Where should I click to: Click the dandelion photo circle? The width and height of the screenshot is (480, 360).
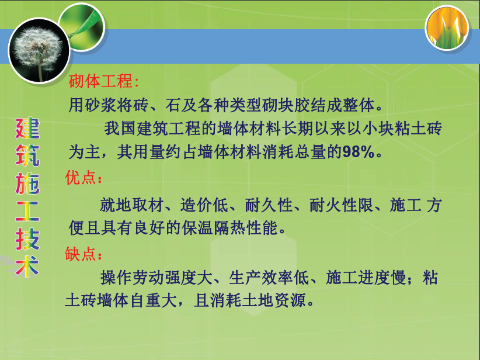click(x=39, y=51)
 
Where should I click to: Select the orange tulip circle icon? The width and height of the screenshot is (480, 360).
click(x=447, y=28)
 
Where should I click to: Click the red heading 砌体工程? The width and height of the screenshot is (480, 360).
click(x=100, y=81)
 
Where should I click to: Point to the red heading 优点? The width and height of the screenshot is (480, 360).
click(x=81, y=177)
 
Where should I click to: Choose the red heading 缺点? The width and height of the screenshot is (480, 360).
click(x=81, y=254)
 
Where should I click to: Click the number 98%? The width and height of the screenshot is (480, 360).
click(x=358, y=152)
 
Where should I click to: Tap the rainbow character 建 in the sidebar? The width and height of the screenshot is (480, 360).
click(x=27, y=129)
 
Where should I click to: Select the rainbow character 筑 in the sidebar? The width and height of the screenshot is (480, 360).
click(x=27, y=155)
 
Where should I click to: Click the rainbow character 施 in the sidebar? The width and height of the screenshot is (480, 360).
click(x=27, y=184)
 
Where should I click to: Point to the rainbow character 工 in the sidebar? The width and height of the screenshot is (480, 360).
click(x=27, y=211)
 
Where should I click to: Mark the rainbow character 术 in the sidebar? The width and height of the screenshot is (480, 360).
click(x=27, y=266)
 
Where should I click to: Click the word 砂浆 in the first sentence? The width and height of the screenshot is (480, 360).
click(x=100, y=105)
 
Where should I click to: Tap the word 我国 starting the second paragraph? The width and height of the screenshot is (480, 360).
click(x=120, y=128)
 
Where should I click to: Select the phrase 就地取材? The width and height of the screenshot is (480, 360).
click(x=131, y=205)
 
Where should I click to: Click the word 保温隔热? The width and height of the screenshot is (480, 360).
click(x=214, y=228)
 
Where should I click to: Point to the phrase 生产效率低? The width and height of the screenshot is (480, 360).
click(x=269, y=278)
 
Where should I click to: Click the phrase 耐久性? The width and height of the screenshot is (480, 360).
click(x=269, y=205)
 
